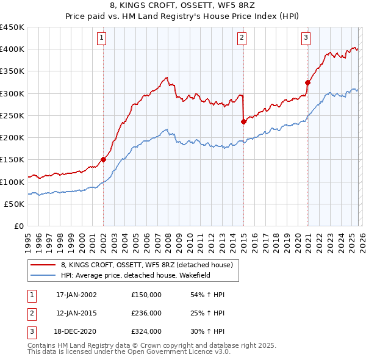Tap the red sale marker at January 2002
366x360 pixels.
tap(103, 160)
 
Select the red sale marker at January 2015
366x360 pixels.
tap(243, 121)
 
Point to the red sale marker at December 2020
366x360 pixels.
tap(307, 82)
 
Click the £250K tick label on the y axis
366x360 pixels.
tap(12, 115)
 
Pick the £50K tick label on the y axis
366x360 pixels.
tap(14, 204)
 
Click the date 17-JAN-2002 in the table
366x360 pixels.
tap(76, 295)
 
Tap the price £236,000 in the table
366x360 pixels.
tap(146, 313)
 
